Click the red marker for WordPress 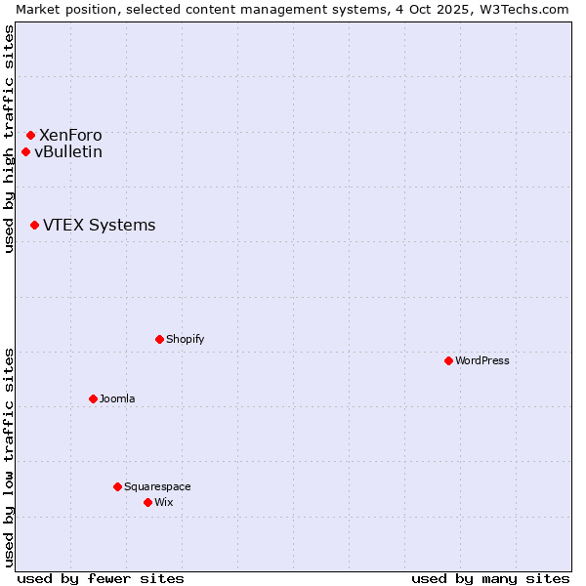[x=448, y=360]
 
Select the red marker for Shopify [x=159, y=339]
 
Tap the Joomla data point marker [x=93, y=398]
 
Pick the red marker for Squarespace [x=117, y=486]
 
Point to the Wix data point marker [x=147, y=502]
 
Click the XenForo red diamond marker [x=30, y=135]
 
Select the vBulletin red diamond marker [x=25, y=151]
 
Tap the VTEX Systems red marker [x=34, y=225]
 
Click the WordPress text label [x=482, y=360]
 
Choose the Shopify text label [x=186, y=339]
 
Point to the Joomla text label [x=117, y=398]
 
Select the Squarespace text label [x=157, y=486]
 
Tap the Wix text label [x=164, y=502]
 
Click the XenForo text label [x=70, y=135]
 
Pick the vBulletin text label [x=68, y=151]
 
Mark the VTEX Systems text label [x=99, y=225]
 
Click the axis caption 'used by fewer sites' [x=101, y=578]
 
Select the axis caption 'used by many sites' [x=490, y=578]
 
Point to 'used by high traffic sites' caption [x=9, y=139]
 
